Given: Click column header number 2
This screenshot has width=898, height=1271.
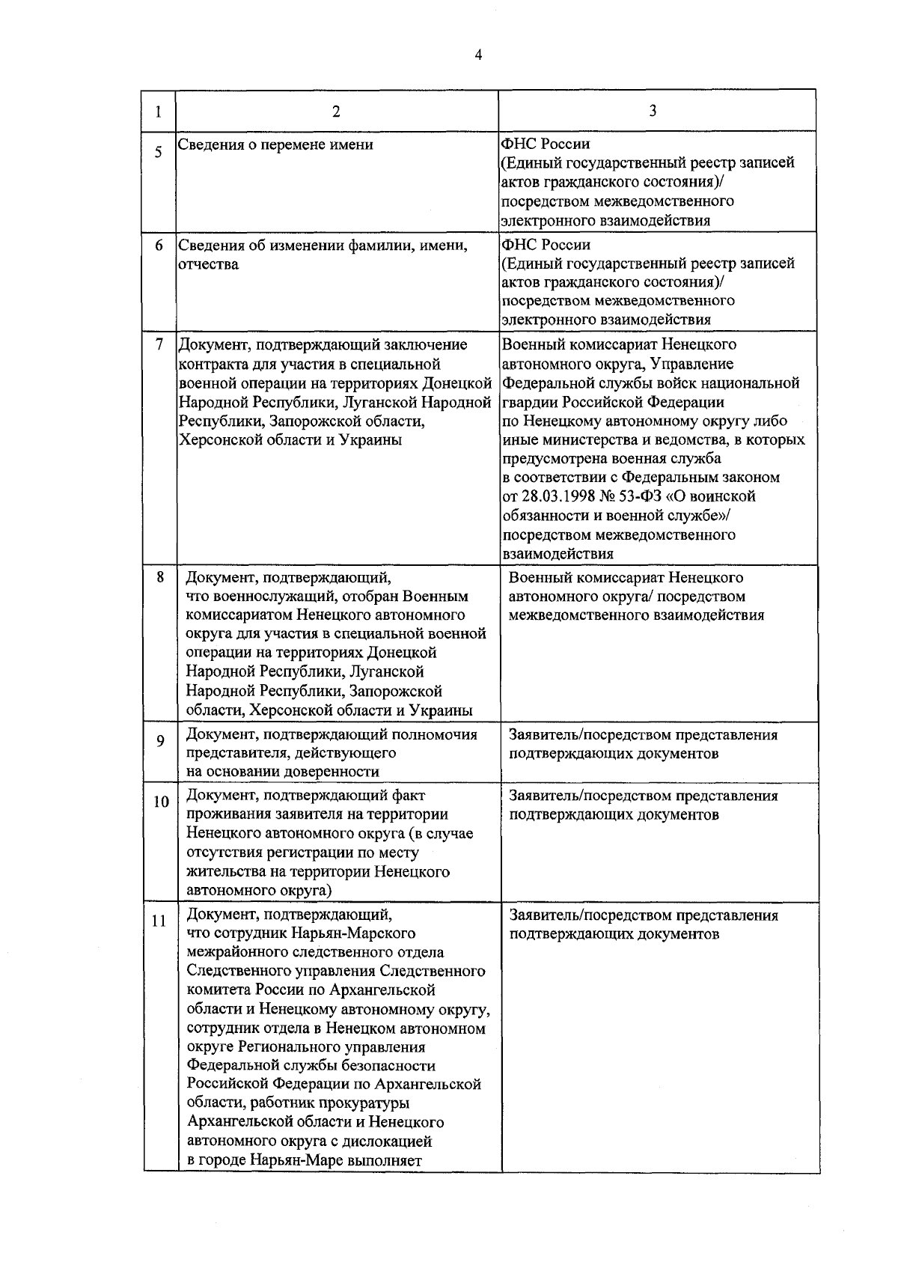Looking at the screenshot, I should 336,112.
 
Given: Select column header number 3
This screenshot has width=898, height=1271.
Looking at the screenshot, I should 653,111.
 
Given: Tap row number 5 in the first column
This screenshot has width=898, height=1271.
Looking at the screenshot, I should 159,153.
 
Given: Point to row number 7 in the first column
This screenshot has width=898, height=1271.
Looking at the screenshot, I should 159,345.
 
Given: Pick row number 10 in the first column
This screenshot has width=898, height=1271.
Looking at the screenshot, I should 161,802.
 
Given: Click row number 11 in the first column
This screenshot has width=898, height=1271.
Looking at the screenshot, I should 159,921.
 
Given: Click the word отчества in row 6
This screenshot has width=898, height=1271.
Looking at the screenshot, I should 208,265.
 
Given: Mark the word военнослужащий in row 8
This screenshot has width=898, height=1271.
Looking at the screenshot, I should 268,597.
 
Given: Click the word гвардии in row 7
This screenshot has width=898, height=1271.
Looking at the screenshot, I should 526,402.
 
